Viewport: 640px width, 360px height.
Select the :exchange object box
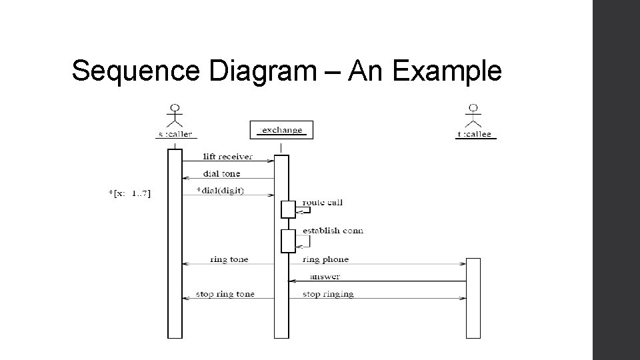281,130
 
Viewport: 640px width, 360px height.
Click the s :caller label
175,134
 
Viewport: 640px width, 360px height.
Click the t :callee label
474,134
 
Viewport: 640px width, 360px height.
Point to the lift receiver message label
227,157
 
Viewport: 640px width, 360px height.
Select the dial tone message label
222,174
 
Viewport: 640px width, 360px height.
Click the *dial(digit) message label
221,191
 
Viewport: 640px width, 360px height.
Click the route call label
323,202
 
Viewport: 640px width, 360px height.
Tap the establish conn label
333,231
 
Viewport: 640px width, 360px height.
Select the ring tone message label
229,259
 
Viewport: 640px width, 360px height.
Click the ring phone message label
325,259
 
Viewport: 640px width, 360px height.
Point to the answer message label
325,276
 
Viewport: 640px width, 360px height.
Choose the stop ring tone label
225,294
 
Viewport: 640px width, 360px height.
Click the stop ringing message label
328,294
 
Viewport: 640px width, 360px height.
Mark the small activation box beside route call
288,209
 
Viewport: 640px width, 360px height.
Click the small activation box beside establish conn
288,241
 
